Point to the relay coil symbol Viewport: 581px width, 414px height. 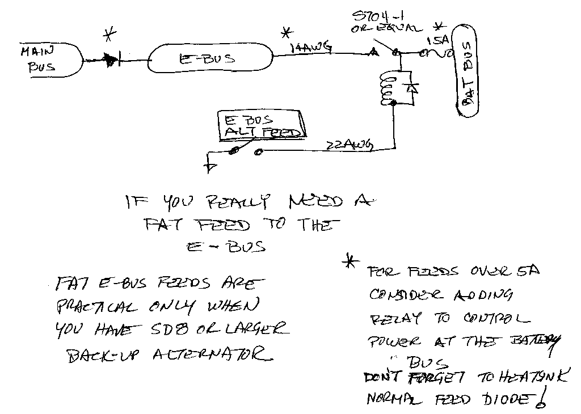pos(388,88)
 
